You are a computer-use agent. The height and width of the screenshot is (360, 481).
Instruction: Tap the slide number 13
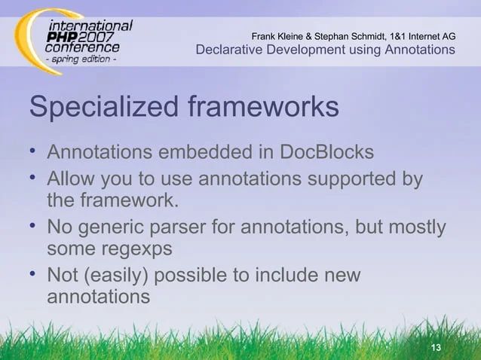pos(434,347)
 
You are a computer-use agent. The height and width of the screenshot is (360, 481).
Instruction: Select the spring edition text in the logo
pos(83,59)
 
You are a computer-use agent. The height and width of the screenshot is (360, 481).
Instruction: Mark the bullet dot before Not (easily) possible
pos(34,273)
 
